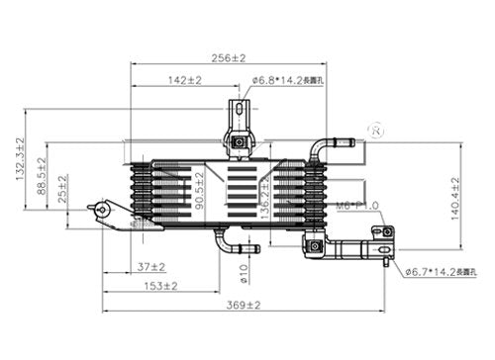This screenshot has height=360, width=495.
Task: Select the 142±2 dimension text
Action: [184, 79]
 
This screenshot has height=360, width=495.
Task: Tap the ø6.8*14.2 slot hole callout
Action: [287, 79]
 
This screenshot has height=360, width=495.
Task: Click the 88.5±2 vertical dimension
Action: [43, 175]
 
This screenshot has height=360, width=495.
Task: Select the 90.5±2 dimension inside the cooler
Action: [200, 189]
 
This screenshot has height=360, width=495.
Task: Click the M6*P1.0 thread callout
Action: [356, 206]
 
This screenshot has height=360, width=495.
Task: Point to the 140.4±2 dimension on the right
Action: [456, 199]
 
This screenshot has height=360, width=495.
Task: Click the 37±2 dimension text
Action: [150, 266]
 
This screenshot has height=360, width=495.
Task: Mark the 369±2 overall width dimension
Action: [240, 307]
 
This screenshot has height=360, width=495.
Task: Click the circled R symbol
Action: [375, 130]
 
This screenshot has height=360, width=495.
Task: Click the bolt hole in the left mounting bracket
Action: [100, 210]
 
